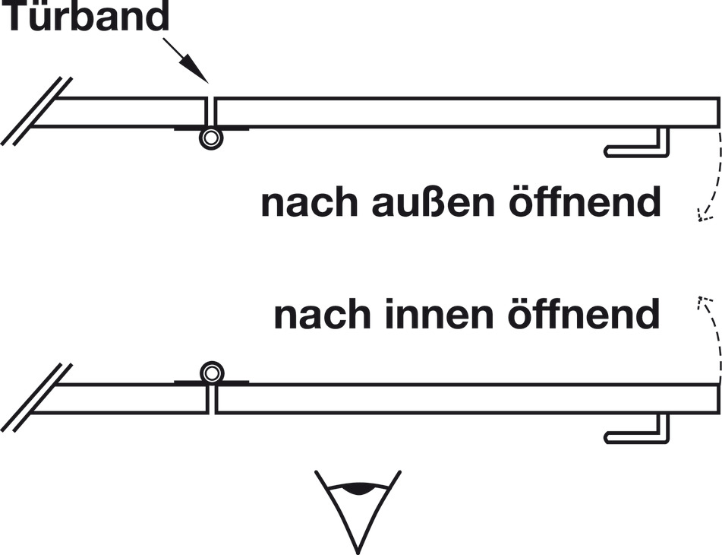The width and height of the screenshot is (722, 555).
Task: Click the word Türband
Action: tap(86, 16)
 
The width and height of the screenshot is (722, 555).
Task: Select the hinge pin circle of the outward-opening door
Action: tap(211, 138)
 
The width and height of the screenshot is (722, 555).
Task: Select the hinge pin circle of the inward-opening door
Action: tap(212, 373)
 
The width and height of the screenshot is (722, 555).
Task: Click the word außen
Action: tap(433, 202)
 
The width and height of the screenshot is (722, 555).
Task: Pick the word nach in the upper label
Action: tap(309, 202)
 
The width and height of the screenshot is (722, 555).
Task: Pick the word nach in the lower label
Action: tap(322, 314)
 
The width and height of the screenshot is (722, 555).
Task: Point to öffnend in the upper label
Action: tap(585, 202)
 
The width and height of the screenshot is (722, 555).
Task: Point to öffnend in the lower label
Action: tap(584, 314)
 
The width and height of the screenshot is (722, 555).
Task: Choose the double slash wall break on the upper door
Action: tap(36, 112)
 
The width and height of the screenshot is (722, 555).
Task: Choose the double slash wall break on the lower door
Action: tap(36, 398)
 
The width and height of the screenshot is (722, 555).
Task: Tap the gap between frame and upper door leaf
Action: tap(211, 112)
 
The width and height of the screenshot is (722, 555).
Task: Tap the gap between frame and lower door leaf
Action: tap(212, 398)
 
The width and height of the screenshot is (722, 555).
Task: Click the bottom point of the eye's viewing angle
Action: tap(358, 552)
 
